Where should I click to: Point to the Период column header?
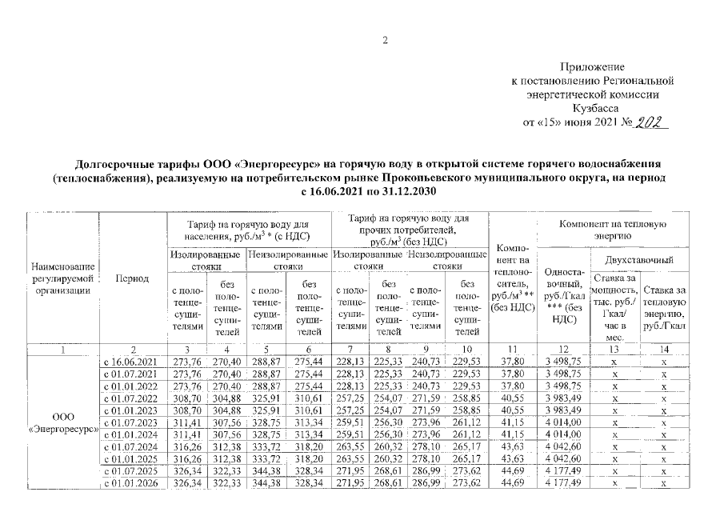(131, 278)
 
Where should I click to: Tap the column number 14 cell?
(664, 350)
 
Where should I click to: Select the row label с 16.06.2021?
(132, 362)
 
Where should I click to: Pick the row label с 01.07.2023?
(132, 420)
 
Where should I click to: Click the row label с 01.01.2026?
(132, 483)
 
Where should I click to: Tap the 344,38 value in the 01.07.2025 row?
(266, 471)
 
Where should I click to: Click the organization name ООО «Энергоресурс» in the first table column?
(62, 422)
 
